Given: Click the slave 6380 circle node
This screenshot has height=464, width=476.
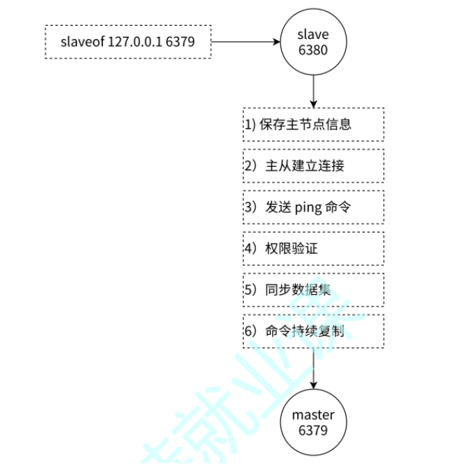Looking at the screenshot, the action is click(312, 41).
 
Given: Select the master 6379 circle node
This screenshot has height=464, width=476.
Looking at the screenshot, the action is click(312, 422).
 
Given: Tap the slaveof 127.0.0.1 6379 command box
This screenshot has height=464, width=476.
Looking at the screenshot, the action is click(127, 42).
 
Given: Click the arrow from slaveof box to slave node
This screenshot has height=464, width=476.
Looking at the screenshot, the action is click(244, 42).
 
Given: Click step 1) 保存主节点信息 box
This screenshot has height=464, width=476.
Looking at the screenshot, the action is click(313, 125).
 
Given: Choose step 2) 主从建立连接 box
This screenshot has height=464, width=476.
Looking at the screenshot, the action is click(313, 166).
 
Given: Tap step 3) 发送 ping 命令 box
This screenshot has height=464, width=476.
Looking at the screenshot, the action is click(313, 207).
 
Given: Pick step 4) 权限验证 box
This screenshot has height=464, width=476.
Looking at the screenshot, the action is click(313, 248).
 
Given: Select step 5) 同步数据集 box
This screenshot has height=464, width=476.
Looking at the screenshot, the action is click(313, 290).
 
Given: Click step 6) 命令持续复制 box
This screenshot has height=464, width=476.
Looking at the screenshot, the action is click(313, 331).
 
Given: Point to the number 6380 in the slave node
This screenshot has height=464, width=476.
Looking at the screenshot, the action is click(312, 49).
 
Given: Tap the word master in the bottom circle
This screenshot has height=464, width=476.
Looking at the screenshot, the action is click(312, 415).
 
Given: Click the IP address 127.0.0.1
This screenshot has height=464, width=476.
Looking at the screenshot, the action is click(135, 42).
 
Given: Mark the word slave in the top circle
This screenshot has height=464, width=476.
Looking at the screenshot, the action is click(312, 34).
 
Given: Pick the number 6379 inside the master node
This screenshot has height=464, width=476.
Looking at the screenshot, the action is click(312, 430).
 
